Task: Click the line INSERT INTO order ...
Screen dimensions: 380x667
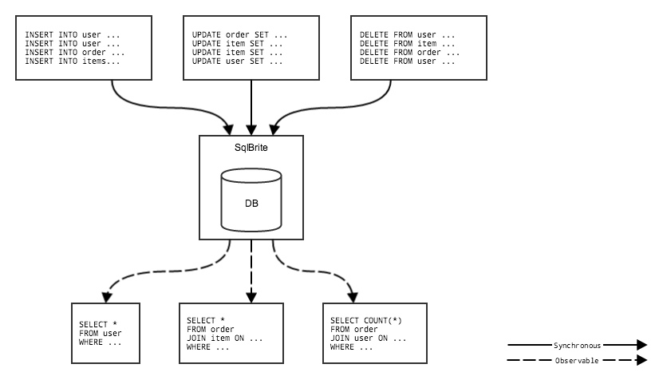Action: [x=74, y=53]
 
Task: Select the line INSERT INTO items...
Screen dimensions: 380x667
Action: [x=73, y=61]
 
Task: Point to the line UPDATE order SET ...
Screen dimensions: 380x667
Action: [x=240, y=35]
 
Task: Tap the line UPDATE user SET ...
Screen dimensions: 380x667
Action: [x=238, y=61]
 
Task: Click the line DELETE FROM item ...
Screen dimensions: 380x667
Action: [x=407, y=44]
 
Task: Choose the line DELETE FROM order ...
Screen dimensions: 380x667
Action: [x=409, y=53]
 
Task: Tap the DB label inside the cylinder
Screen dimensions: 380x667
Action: [x=251, y=203]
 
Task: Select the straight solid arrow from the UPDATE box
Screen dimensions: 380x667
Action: [x=251, y=104]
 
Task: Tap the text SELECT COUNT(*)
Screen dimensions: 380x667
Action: [x=366, y=321]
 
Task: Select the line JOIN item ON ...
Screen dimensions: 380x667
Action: [x=224, y=338]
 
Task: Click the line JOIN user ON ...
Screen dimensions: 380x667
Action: [x=368, y=338]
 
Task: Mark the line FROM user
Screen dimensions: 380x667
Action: [x=100, y=333]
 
